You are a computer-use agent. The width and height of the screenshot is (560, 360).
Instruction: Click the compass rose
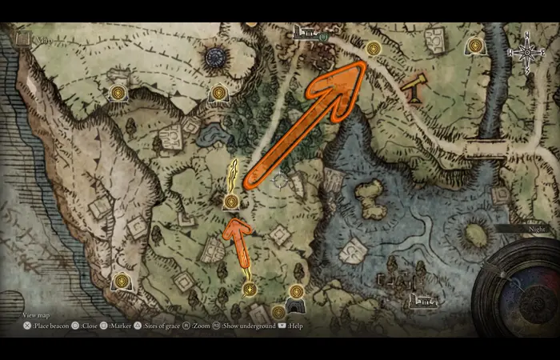click(x=527, y=54)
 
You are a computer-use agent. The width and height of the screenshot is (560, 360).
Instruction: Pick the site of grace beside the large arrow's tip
click(x=373, y=49)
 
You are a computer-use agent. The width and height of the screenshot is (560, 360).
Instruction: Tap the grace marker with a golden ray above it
click(x=231, y=202)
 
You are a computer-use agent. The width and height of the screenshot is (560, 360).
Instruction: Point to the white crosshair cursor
click(x=279, y=182)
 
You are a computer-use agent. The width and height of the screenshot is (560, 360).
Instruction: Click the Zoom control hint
click(x=200, y=326)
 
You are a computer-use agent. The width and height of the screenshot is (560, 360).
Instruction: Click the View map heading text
click(x=36, y=315)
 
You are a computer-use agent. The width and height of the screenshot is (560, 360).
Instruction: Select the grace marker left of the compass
click(x=476, y=46)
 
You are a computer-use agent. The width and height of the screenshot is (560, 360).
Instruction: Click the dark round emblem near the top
click(x=216, y=57)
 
